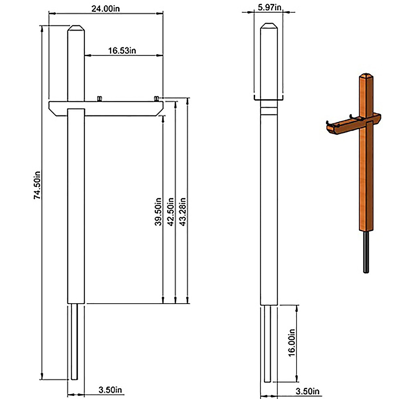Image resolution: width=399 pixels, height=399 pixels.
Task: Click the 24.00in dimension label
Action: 106,9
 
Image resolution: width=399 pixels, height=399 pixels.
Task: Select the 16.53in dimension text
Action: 122,51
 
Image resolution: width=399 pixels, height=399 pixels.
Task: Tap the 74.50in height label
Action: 37,185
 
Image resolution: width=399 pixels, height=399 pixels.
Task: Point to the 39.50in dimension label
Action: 158,212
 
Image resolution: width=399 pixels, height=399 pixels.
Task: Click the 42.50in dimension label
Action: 170,212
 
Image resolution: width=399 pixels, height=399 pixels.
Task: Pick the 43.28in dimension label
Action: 182,212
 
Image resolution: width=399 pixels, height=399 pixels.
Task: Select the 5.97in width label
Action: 270,7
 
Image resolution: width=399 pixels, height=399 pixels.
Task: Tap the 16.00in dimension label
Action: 292,342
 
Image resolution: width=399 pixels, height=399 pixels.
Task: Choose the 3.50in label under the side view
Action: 307,391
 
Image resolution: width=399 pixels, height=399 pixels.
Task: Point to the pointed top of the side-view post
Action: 268,26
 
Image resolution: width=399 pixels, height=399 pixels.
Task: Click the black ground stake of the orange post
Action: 366,253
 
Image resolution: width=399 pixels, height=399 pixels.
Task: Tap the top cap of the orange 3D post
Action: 366,76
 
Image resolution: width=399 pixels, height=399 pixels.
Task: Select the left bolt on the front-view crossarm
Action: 99,98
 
